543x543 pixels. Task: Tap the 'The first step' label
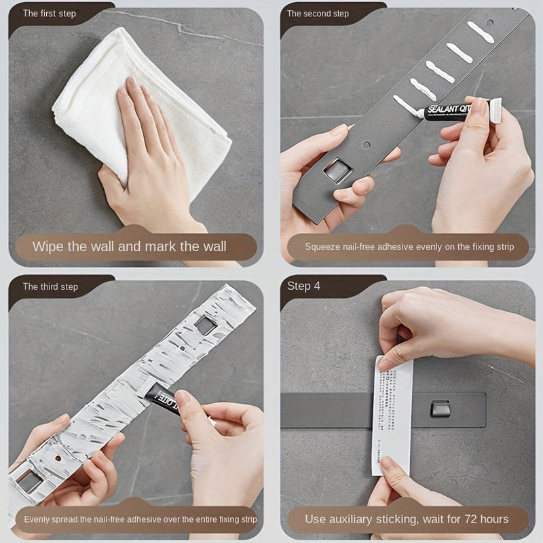[50, 14]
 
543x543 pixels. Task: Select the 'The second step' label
[318, 14]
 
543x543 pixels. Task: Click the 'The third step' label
[50, 286]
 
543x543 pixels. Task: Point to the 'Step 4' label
[303, 286]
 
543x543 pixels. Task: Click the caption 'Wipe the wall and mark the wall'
[130, 246]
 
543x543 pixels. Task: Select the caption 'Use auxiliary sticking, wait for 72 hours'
[407, 519]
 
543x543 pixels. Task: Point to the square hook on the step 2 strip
[337, 170]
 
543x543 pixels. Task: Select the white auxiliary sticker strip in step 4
[392, 414]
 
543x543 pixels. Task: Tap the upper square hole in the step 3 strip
[206, 325]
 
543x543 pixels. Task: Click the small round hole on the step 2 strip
[366, 145]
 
